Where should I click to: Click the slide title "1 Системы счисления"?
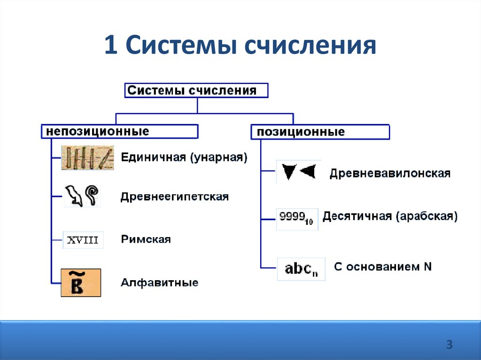coord(240,46)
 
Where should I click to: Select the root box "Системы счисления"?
coord(196,91)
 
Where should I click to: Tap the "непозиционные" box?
coord(119,131)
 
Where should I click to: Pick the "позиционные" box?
coord(320,132)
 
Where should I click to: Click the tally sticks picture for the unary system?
coord(87,158)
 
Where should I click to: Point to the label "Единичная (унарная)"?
coord(184,157)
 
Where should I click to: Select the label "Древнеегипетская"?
coord(174,197)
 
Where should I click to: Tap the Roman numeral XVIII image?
coord(83,240)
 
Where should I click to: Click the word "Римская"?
coord(146,239)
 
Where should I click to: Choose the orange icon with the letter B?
coord(81,283)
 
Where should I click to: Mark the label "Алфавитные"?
coord(159,283)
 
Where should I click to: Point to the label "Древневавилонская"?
coord(390,173)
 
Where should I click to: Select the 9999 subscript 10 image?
coord(297,219)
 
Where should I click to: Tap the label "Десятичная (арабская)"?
coord(389,216)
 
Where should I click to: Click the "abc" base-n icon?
coord(301,269)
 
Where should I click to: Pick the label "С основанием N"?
coord(382,267)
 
